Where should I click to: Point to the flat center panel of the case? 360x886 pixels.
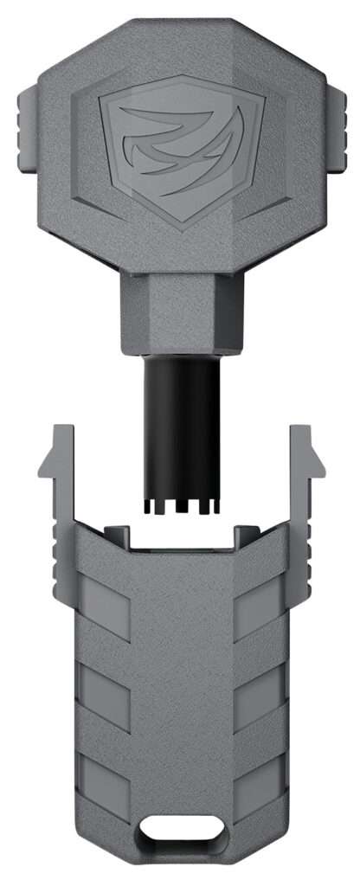tap(179, 692)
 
